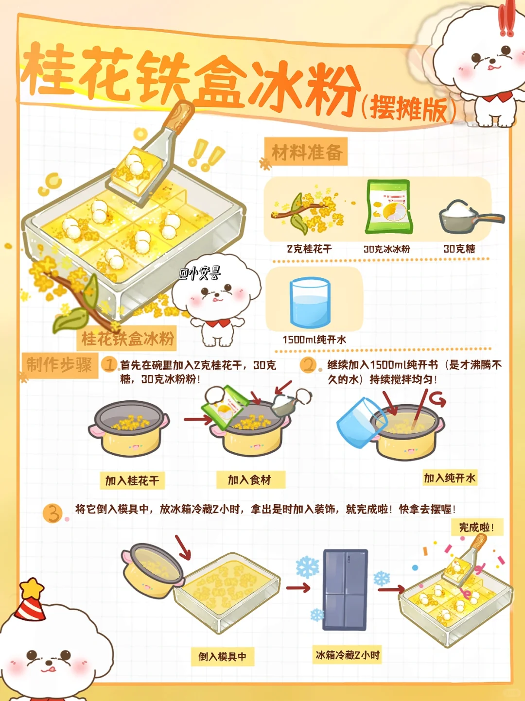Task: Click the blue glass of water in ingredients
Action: (309, 302)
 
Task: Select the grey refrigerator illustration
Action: (345, 590)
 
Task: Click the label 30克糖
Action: (459, 249)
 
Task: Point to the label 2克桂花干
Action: (309, 249)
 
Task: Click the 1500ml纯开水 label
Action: (314, 340)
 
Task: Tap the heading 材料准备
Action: (307, 152)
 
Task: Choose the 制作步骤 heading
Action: (59, 365)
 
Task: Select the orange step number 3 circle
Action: (52, 514)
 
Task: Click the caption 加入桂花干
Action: (132, 480)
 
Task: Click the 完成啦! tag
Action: (476, 527)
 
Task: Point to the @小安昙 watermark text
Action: (200, 274)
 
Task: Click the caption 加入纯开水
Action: (450, 478)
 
